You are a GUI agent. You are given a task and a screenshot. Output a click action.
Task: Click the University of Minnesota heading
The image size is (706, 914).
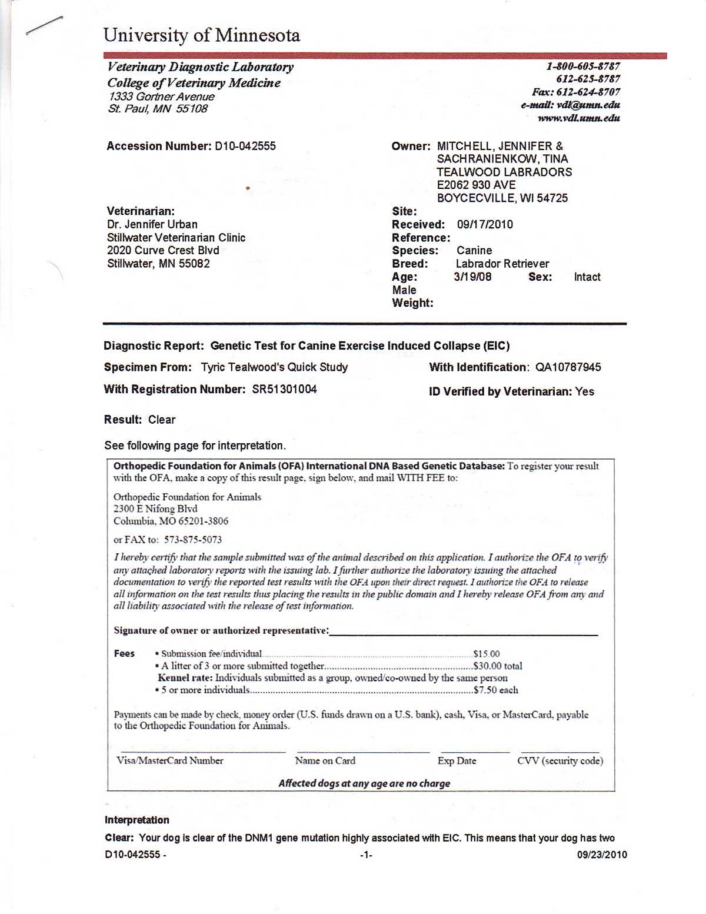(201, 35)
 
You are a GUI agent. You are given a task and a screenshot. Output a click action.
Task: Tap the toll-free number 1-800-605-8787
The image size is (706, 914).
(583, 67)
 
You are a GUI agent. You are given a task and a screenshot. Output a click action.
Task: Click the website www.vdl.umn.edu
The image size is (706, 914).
(578, 118)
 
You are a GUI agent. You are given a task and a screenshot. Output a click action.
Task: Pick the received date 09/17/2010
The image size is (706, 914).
(485, 224)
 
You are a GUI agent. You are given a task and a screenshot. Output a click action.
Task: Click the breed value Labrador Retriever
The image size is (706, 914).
(502, 264)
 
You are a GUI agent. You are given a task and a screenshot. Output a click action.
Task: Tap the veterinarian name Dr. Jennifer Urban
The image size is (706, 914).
(152, 224)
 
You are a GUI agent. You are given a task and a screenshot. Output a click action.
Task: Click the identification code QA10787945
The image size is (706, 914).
(568, 367)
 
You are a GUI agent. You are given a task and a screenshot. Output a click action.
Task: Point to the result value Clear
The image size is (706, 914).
(162, 420)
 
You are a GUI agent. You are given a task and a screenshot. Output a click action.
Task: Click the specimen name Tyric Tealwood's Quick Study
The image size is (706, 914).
(274, 367)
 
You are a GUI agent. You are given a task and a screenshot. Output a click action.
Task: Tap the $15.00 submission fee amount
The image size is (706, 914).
(487, 654)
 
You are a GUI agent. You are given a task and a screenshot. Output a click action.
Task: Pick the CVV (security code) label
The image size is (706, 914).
(560, 760)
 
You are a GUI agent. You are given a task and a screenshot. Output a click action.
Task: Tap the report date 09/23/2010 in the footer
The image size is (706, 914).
(602, 855)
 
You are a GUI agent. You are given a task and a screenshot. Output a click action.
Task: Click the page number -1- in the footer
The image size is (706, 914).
(366, 855)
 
